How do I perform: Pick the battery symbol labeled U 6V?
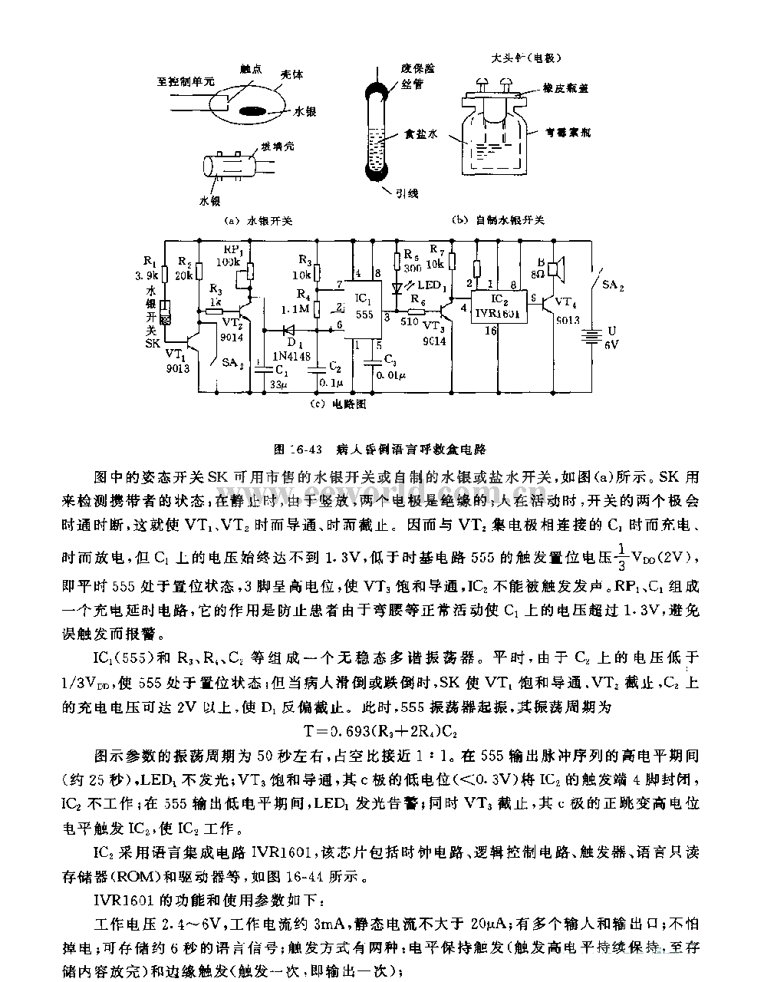(x=591, y=334)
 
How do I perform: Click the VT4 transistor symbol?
(x=550, y=305)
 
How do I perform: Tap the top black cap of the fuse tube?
(x=377, y=80)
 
